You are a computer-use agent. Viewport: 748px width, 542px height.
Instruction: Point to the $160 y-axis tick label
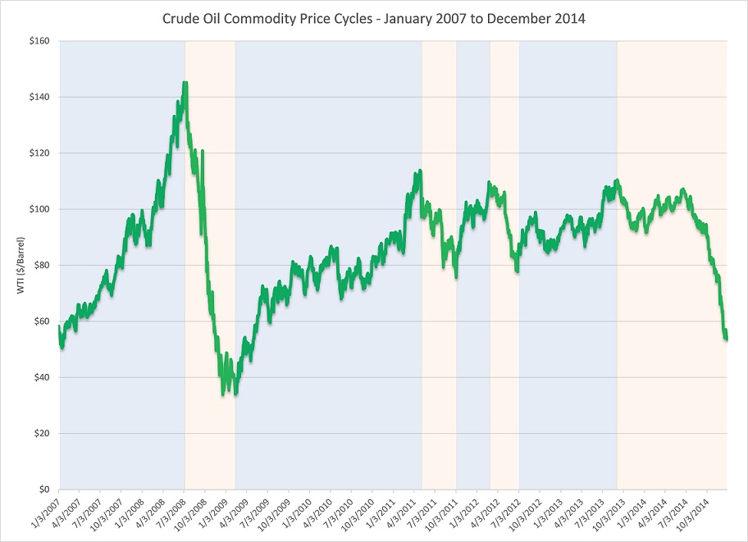tap(39, 41)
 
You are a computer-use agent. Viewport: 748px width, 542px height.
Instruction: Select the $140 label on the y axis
tap(39, 97)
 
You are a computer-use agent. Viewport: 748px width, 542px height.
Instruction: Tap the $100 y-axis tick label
tap(39, 209)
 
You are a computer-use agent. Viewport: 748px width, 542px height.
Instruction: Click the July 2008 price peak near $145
tap(185, 82)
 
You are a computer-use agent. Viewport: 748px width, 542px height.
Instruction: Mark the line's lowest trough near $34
tap(223, 394)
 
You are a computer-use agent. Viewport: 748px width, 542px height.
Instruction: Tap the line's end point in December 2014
tap(727, 337)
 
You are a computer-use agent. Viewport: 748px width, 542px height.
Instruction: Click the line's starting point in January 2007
tap(60, 328)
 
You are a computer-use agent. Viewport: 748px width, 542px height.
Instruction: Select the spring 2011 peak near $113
tap(420, 171)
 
